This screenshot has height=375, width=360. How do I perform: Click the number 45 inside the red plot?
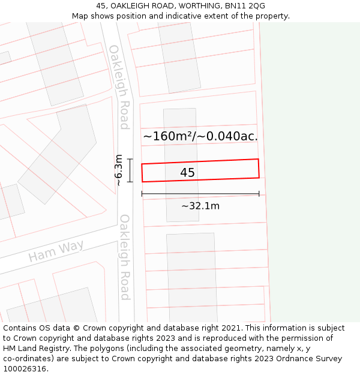point(187,173)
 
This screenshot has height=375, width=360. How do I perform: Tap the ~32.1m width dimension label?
point(200,206)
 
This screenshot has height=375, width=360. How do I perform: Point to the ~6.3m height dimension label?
point(119,170)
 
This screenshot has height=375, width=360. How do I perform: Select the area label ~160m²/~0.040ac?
point(200,136)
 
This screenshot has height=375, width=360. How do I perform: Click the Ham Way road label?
point(56,251)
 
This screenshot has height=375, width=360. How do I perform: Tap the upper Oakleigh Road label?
point(119,87)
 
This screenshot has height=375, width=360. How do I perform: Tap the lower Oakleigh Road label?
point(125,257)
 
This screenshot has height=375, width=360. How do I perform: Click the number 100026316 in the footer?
point(25,369)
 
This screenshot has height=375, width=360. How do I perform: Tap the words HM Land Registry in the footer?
point(37,349)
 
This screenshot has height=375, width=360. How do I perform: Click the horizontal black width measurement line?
point(200,194)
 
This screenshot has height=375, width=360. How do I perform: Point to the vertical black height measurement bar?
point(130,170)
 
